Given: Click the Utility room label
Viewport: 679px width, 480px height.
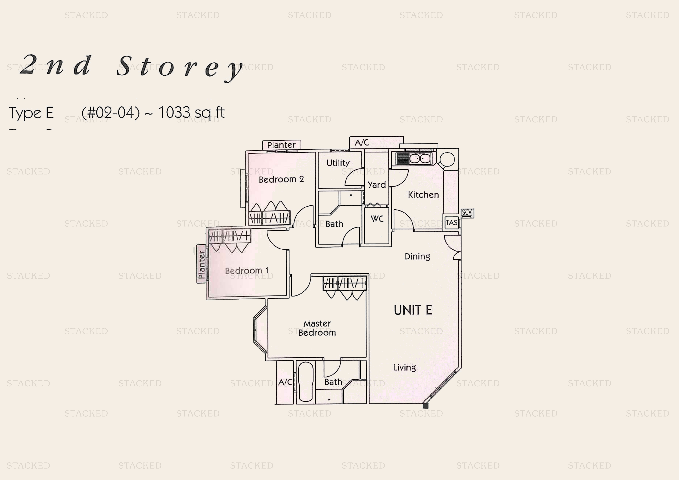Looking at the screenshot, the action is tap(338, 163).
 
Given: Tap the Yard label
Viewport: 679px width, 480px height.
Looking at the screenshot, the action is tap(376, 185).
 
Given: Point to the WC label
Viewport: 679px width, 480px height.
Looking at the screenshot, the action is tap(377, 219).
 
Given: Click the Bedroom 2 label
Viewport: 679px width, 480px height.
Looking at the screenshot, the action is tap(281, 179).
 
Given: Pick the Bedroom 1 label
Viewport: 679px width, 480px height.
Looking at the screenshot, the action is tap(247, 271).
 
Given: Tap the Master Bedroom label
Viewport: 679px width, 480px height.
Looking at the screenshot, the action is tap(317, 328).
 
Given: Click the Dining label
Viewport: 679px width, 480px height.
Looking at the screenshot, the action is tap(417, 256).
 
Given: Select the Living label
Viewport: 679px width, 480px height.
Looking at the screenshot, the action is tap(404, 368).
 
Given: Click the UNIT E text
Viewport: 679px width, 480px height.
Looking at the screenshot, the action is tap(413, 310).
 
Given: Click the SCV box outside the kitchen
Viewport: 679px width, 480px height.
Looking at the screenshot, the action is tap(467, 212).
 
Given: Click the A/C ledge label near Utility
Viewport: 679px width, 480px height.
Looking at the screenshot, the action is tap(361, 143).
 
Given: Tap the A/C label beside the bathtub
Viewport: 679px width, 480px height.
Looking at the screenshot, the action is tap(285, 382).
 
